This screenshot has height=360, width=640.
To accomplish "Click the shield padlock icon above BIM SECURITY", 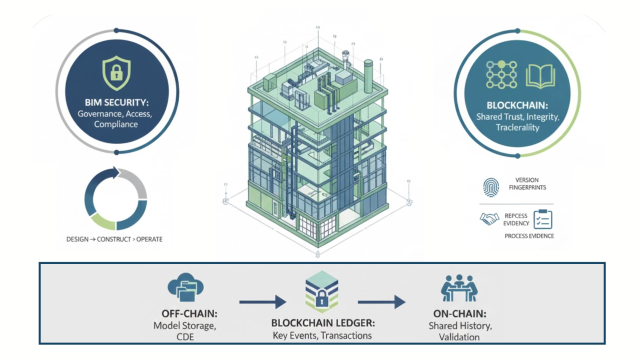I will click(x=116, y=73).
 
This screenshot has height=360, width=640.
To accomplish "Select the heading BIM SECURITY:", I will click(x=116, y=102).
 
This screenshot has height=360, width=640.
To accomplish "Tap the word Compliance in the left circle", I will click(x=116, y=124).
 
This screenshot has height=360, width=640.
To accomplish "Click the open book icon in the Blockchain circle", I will click(x=540, y=76).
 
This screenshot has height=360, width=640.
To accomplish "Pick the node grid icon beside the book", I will click(x=501, y=74).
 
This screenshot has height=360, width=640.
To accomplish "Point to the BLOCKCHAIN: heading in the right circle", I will click(x=517, y=105).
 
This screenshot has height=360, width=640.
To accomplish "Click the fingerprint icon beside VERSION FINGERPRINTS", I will click(x=491, y=187).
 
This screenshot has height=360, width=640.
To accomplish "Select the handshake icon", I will click(x=489, y=219).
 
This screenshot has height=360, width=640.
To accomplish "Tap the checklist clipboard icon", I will click(x=542, y=219).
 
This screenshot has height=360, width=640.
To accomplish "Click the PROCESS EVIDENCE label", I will click(x=529, y=236).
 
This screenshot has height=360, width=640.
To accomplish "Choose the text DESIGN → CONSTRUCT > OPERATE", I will click(x=114, y=239).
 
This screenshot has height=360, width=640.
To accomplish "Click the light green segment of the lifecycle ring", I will click(x=103, y=220).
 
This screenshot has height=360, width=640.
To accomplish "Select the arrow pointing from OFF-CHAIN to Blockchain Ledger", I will click(x=262, y=302).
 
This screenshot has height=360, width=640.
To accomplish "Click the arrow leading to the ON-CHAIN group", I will click(x=381, y=302).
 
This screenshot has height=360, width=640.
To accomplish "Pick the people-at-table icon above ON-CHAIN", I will click(x=459, y=288).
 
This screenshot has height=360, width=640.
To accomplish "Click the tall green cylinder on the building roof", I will click(x=368, y=76).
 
